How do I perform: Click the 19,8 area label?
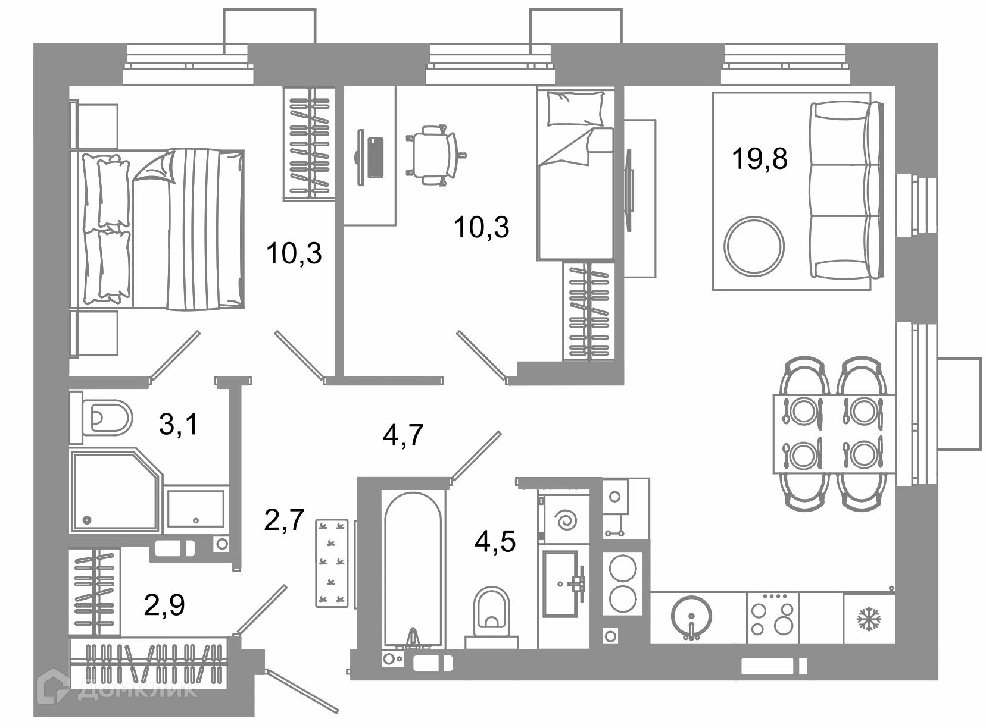click(x=759, y=159)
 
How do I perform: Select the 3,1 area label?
click(x=178, y=423)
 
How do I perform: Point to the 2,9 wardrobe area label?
click(x=164, y=604)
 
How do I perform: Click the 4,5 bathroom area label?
click(x=495, y=541)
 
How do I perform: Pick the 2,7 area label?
click(x=284, y=519)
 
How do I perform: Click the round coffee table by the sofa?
click(x=754, y=246)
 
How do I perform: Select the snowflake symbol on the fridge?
click(x=869, y=619)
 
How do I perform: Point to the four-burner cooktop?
click(x=773, y=617)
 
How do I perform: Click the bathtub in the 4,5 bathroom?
click(x=413, y=570)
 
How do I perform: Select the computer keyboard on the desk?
click(x=375, y=157)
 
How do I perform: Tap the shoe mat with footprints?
click(x=332, y=563)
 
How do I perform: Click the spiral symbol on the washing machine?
click(x=566, y=520)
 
